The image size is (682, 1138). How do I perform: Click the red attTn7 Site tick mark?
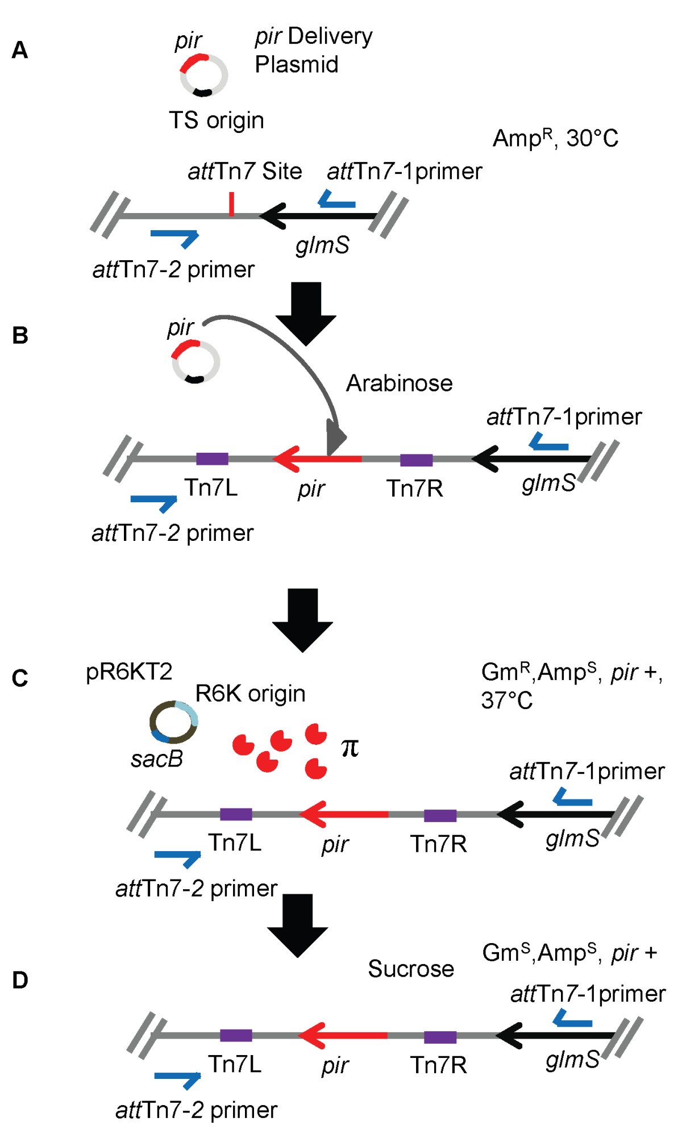[x=231, y=204]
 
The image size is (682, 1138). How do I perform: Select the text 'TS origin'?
[x=217, y=120]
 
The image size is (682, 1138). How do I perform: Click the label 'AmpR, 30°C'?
[x=555, y=138]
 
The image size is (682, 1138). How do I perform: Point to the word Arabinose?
[x=399, y=383]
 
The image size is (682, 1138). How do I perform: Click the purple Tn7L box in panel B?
[x=212, y=459]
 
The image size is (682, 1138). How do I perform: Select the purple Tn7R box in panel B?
[x=416, y=460]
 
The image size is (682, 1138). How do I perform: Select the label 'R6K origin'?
[x=250, y=694]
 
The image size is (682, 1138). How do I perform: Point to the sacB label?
[x=157, y=759]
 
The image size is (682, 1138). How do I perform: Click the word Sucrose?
[x=411, y=969]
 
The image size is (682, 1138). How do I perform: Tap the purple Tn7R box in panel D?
[x=440, y=1037]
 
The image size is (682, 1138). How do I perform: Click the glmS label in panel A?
[x=322, y=245]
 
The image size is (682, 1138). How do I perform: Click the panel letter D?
[x=20, y=980]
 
